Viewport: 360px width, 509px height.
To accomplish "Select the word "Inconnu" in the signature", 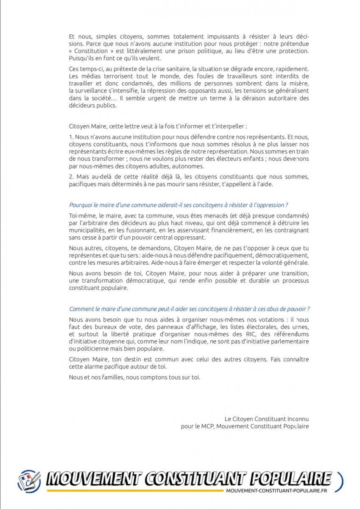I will point(296,419).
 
